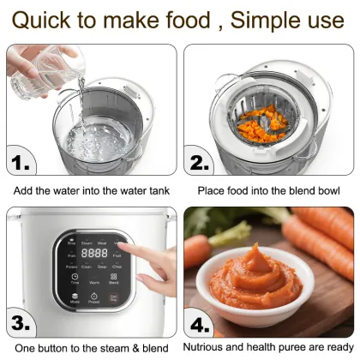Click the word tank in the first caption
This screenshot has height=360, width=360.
point(155,190)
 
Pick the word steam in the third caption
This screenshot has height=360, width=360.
point(106,349)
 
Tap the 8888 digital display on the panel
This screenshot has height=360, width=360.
point(94,254)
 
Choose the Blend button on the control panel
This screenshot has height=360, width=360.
point(113,280)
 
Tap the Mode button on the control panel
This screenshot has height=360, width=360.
point(75,299)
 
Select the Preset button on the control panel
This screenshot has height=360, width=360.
point(94,299)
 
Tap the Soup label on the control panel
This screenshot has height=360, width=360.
point(102,266)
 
